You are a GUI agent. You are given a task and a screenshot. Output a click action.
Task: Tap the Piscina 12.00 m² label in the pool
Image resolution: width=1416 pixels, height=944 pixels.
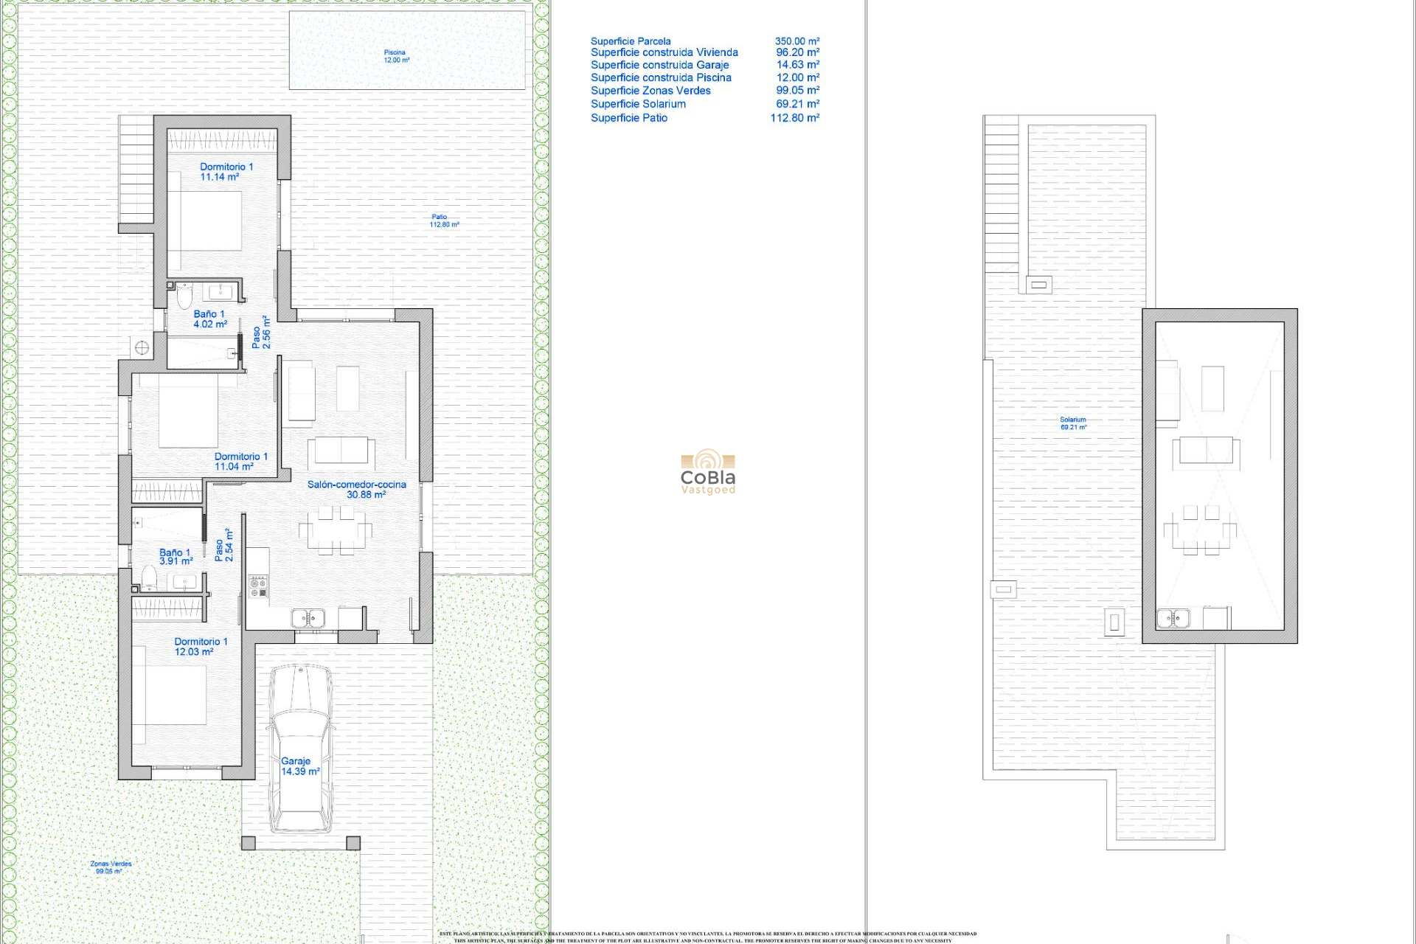[x=396, y=56]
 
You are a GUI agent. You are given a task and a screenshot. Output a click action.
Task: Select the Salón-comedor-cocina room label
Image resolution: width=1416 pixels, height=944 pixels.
[x=357, y=490]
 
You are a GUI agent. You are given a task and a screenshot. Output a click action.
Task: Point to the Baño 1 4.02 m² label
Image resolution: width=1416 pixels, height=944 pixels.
[x=210, y=319]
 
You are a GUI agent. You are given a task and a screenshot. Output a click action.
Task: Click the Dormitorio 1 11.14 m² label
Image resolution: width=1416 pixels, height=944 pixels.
[x=226, y=172]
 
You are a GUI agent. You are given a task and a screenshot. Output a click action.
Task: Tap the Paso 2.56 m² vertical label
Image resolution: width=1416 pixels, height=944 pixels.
[x=261, y=333]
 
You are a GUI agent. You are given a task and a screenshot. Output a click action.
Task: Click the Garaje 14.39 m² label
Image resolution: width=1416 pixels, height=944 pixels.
[x=299, y=766]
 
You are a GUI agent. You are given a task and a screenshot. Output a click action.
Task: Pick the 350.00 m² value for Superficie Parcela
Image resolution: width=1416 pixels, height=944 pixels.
[x=796, y=41]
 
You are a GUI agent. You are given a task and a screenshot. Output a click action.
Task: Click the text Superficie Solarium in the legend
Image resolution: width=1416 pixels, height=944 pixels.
[x=638, y=104]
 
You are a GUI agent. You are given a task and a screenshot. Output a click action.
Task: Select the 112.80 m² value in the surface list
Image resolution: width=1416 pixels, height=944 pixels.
[x=794, y=118]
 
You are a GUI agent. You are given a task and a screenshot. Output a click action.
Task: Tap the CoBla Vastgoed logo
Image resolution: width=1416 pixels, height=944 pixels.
[x=708, y=472]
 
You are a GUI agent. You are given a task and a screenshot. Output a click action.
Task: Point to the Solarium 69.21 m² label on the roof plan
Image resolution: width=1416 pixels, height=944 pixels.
[x=1073, y=423]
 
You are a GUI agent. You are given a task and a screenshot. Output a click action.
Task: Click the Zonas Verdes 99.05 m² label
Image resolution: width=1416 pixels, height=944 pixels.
[x=111, y=867]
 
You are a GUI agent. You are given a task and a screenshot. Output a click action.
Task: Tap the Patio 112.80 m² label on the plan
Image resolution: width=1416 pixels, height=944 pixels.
[x=444, y=221]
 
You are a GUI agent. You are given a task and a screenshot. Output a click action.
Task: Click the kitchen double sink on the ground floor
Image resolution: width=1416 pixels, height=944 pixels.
[x=308, y=618]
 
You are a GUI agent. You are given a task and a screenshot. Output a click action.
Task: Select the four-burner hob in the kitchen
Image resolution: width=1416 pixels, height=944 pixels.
[x=258, y=586]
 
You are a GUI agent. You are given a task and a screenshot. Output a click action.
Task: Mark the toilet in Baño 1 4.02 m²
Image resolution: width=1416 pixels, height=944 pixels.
[x=184, y=296]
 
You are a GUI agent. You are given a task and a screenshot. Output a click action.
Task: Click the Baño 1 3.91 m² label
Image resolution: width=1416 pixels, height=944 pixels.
[x=176, y=557]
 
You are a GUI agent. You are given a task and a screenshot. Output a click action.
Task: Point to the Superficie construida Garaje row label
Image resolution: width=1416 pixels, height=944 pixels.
[x=659, y=65]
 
